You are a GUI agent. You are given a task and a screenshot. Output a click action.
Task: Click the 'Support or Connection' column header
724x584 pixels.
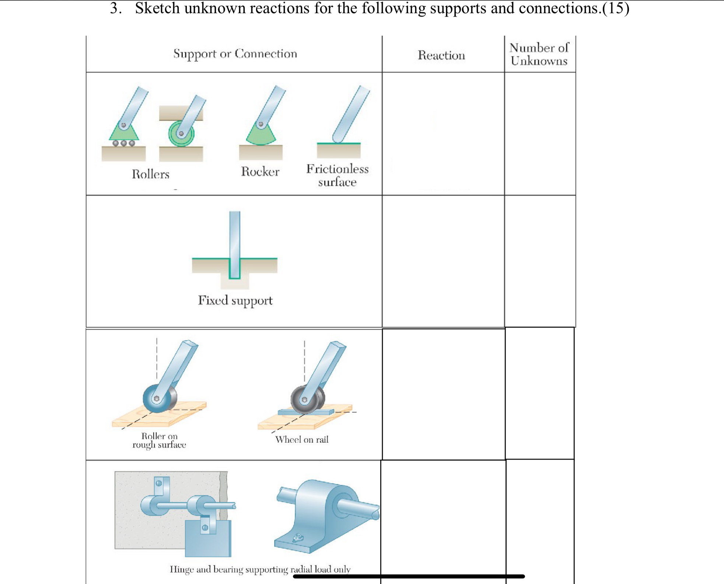pos(235,54)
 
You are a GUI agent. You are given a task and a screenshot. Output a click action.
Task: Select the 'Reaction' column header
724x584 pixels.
pos(441,55)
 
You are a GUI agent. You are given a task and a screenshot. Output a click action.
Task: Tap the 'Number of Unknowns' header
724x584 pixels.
pos(539,54)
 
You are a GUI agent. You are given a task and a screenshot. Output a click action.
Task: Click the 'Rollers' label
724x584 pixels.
pos(150,174)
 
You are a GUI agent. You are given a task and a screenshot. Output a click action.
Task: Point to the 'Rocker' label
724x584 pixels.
pos(260,171)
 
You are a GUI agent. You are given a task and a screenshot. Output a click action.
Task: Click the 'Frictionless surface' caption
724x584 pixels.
pos(337,175)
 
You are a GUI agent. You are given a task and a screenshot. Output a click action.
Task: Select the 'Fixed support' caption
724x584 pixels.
pos(235,300)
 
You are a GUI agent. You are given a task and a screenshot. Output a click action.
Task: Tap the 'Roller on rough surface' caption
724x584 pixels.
pos(159,441)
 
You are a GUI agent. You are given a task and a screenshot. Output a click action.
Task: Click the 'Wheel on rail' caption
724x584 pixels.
pos(301,439)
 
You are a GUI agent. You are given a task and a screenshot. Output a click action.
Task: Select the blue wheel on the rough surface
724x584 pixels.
pos(157,399)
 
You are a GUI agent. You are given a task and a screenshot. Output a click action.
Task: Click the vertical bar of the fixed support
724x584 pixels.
pos(235,236)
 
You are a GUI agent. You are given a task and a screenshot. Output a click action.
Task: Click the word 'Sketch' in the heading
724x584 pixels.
pos(157,8)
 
